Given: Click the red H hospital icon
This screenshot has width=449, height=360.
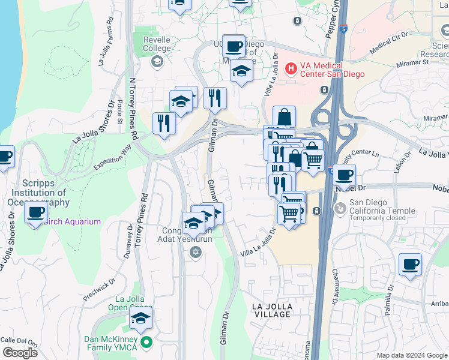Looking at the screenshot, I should (x=291, y=68).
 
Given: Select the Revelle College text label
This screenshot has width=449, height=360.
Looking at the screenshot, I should (x=157, y=44).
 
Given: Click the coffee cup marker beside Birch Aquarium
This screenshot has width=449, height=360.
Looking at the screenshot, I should (x=36, y=213).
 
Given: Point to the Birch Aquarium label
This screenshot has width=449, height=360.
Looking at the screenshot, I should (x=72, y=221).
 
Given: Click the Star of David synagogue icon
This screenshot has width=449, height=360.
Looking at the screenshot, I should (x=194, y=252).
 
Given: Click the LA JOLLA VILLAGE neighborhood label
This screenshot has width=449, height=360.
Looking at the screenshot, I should (x=272, y=310).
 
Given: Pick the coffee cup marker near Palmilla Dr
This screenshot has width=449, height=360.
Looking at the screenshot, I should (x=410, y=265).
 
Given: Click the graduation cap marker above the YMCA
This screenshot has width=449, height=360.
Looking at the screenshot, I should (x=140, y=319).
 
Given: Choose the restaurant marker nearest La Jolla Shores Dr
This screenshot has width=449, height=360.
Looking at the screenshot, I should (x=164, y=124).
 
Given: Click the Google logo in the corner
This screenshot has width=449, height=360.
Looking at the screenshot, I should (x=20, y=353).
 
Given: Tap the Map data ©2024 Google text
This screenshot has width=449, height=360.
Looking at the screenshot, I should (x=411, y=355).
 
